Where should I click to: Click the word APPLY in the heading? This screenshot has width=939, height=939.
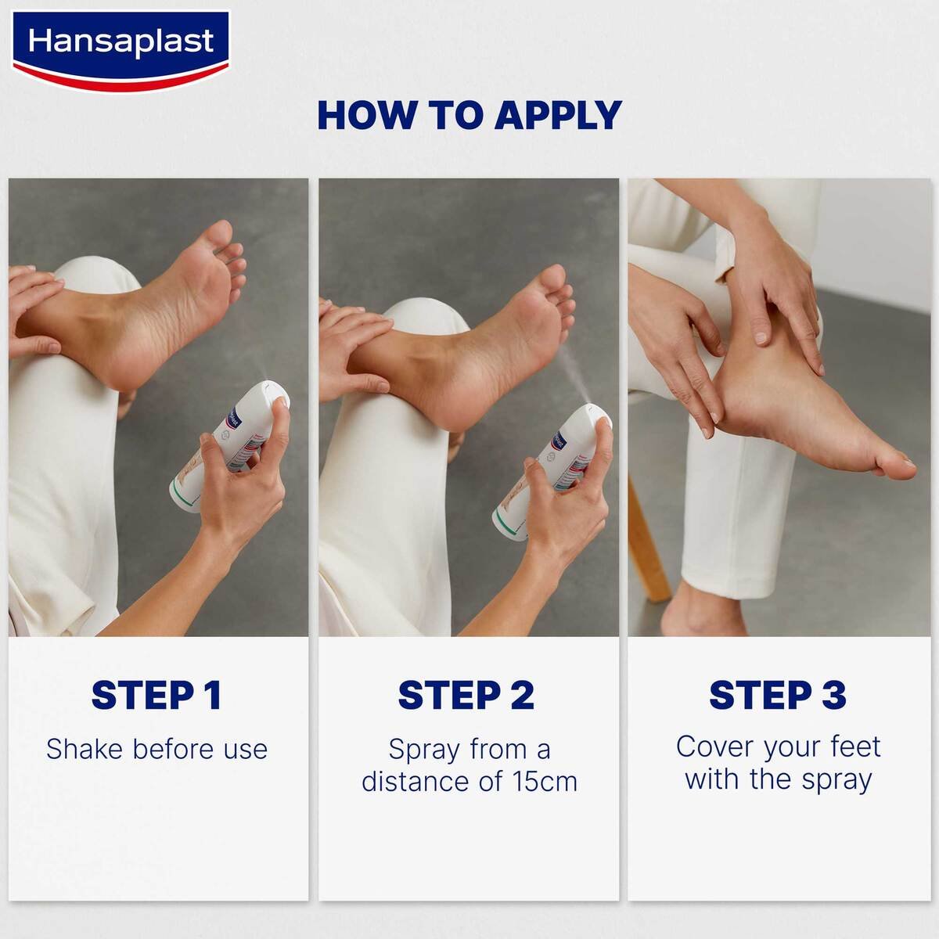[558, 116]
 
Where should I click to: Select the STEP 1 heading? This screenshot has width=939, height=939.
[156, 695]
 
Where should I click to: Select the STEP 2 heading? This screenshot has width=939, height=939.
[466, 695]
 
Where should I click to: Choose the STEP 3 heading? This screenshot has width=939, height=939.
[778, 695]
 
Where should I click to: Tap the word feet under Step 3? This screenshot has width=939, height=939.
[854, 747]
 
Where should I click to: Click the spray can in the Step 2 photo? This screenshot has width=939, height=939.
[552, 469]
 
